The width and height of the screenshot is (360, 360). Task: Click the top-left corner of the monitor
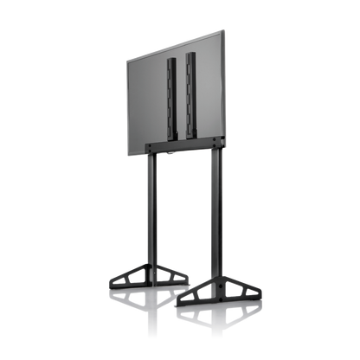point(126,60)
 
